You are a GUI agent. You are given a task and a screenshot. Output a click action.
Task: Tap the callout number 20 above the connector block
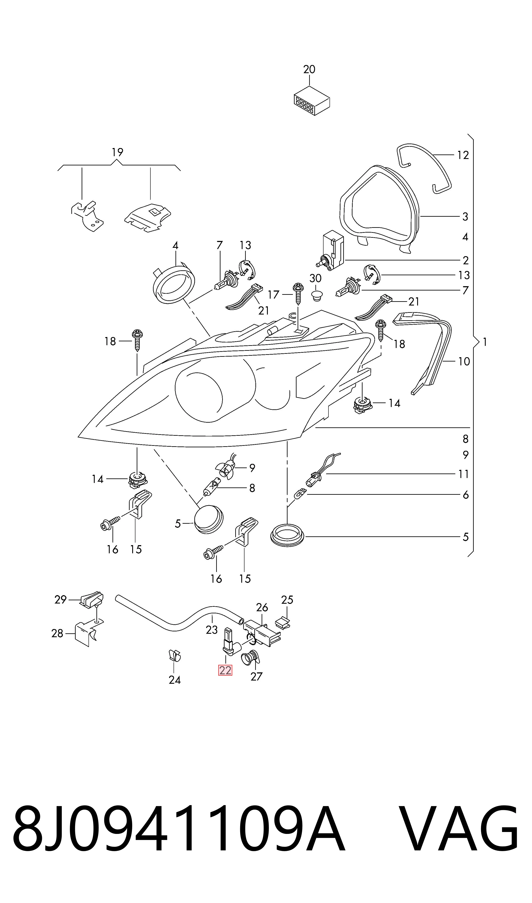pos(309,69)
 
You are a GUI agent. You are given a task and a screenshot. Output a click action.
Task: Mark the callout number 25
pos(287,600)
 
